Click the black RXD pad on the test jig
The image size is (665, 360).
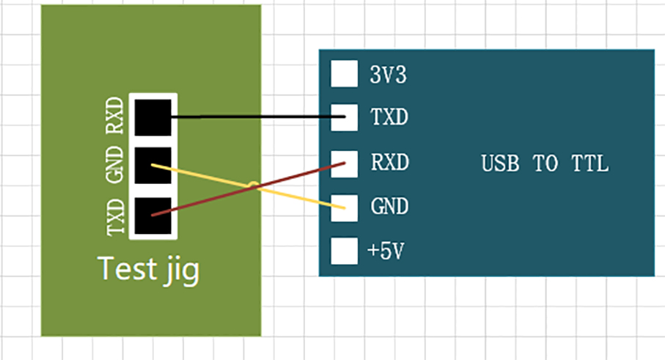point(153,117)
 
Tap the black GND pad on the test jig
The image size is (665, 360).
point(153,165)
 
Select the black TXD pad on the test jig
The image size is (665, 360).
point(153,215)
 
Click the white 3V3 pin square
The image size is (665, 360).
point(343,73)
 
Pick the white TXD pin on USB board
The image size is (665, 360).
point(343,117)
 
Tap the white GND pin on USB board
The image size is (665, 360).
point(343,207)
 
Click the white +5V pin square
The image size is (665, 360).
point(343,251)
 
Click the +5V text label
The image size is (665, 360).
point(386,252)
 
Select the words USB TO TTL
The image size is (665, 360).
point(545,164)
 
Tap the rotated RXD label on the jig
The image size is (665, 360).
point(116,117)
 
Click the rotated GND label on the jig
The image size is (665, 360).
point(116,166)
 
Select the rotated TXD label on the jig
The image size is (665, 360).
point(116,216)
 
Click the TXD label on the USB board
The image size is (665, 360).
point(389,118)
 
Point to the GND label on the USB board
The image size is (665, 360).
point(389,207)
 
